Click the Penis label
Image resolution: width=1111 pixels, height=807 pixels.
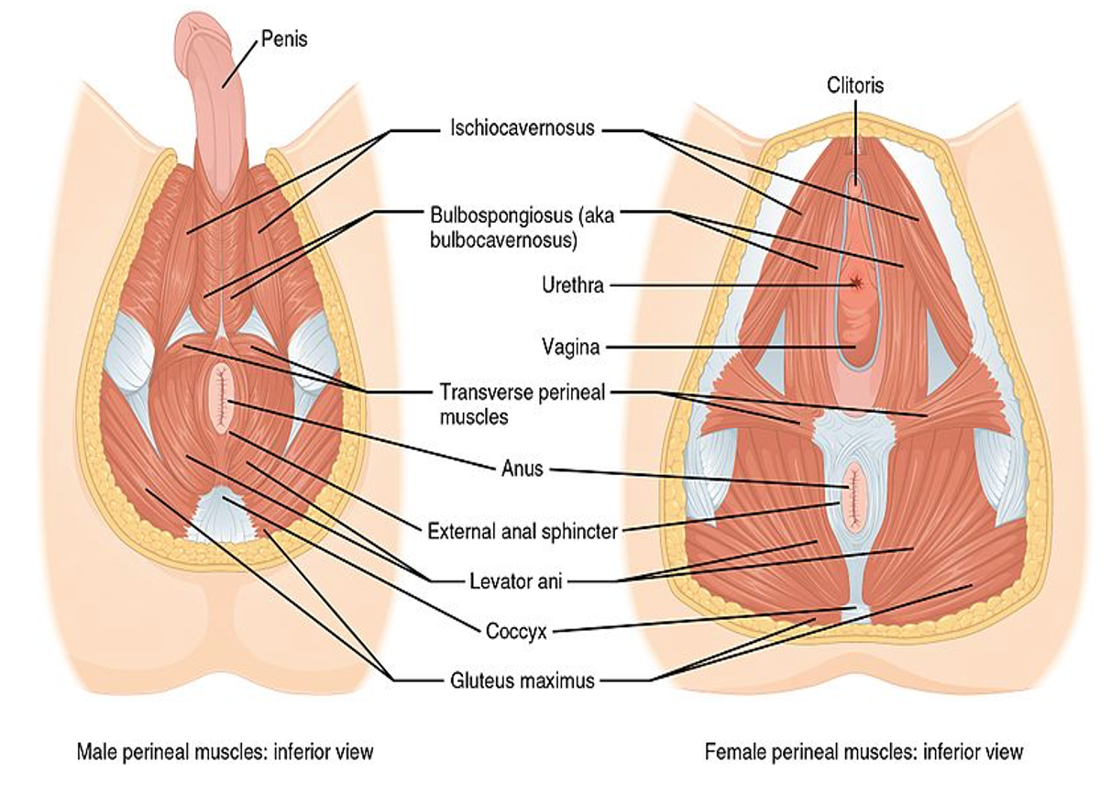[x=284, y=39]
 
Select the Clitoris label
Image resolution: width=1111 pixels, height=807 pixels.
[x=855, y=85]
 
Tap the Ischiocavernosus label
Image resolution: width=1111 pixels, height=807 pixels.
[x=522, y=128]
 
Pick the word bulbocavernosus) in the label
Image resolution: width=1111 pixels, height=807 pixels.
[x=503, y=240]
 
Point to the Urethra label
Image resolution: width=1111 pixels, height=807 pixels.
[x=573, y=285]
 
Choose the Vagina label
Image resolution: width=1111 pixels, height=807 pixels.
[x=570, y=347]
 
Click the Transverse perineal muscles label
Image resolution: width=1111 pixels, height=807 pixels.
[x=522, y=404]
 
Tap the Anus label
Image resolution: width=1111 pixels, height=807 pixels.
[x=522, y=468]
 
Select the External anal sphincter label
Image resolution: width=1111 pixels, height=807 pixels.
[x=522, y=532]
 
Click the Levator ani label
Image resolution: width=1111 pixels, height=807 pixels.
[x=516, y=581]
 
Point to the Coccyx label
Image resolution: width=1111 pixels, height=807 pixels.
[x=516, y=631]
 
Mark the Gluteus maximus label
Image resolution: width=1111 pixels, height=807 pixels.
[x=522, y=680]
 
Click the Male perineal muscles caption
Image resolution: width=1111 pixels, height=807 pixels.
[x=225, y=752]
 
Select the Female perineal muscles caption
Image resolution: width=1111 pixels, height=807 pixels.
[x=863, y=752]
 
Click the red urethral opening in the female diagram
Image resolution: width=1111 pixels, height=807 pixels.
[x=855, y=283]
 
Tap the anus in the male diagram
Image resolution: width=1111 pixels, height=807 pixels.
[x=222, y=397]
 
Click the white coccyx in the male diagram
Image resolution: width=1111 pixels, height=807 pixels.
[x=222, y=514]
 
